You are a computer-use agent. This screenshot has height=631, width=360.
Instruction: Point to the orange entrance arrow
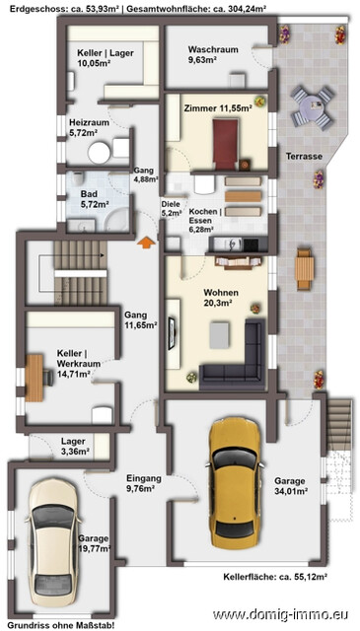(x=145, y=242)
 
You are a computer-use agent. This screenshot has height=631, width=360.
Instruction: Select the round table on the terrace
(x=313, y=104)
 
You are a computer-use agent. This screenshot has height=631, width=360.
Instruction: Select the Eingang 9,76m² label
(x=144, y=482)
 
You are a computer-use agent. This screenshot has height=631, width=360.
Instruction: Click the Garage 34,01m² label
(x=290, y=486)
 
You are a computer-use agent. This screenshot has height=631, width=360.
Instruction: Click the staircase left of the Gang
(x=69, y=261)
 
